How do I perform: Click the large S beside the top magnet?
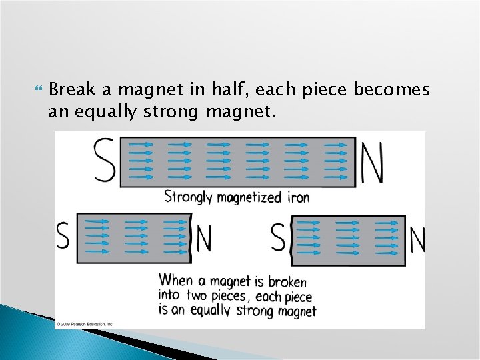(x=105, y=160)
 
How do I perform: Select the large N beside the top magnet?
(x=371, y=161)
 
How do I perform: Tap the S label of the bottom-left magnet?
(x=63, y=235)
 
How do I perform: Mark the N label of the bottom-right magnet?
(x=417, y=240)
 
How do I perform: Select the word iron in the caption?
(x=298, y=197)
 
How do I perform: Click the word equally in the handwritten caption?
(x=210, y=311)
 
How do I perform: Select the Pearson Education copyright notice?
(x=85, y=324)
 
